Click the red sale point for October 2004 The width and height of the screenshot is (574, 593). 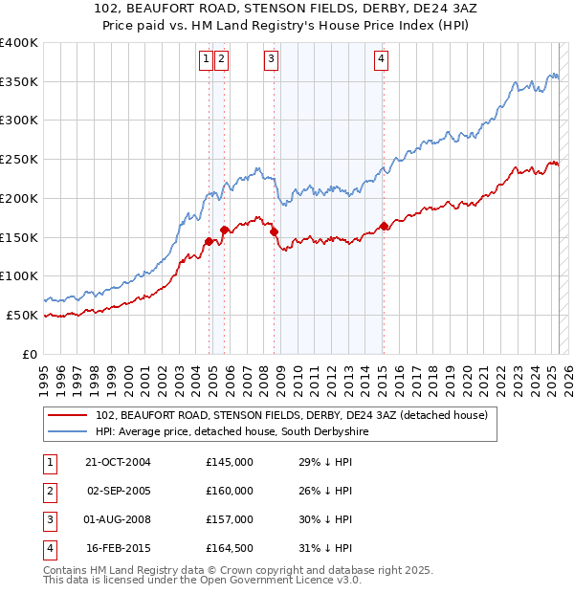[209, 241]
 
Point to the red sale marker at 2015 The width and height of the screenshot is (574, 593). [384, 226]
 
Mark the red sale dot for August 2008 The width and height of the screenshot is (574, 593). [274, 231]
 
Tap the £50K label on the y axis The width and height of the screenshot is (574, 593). [22, 315]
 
